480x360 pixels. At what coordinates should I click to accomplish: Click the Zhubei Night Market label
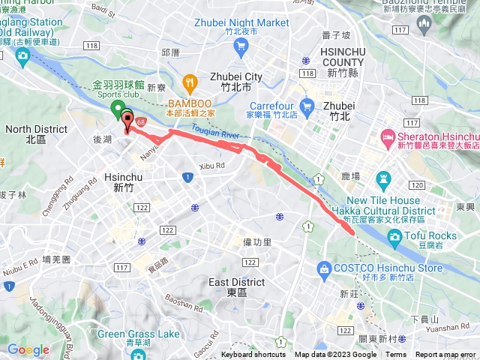pyautogui.click(x=241, y=22)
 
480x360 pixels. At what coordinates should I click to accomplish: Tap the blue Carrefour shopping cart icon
pyautogui.click(x=305, y=106)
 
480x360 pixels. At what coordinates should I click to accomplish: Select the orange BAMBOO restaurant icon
pyautogui.click(x=190, y=81)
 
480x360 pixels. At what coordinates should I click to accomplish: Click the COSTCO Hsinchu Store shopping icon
pyautogui.click(x=324, y=268)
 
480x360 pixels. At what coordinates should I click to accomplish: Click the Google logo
pyautogui.click(x=28, y=349)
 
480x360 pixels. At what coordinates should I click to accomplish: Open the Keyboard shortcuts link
pyautogui.click(x=253, y=355)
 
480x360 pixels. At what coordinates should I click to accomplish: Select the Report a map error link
pyautogui.click(x=447, y=355)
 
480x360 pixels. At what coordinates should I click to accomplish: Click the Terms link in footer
pyautogui.click(x=396, y=355)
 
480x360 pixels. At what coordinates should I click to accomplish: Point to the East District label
pyautogui.click(x=235, y=283)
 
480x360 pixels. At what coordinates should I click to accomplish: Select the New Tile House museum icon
pyautogui.click(x=385, y=179)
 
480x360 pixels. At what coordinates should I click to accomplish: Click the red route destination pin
pyautogui.click(x=127, y=119)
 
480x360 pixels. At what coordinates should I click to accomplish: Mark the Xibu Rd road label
pyautogui.click(x=212, y=166)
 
